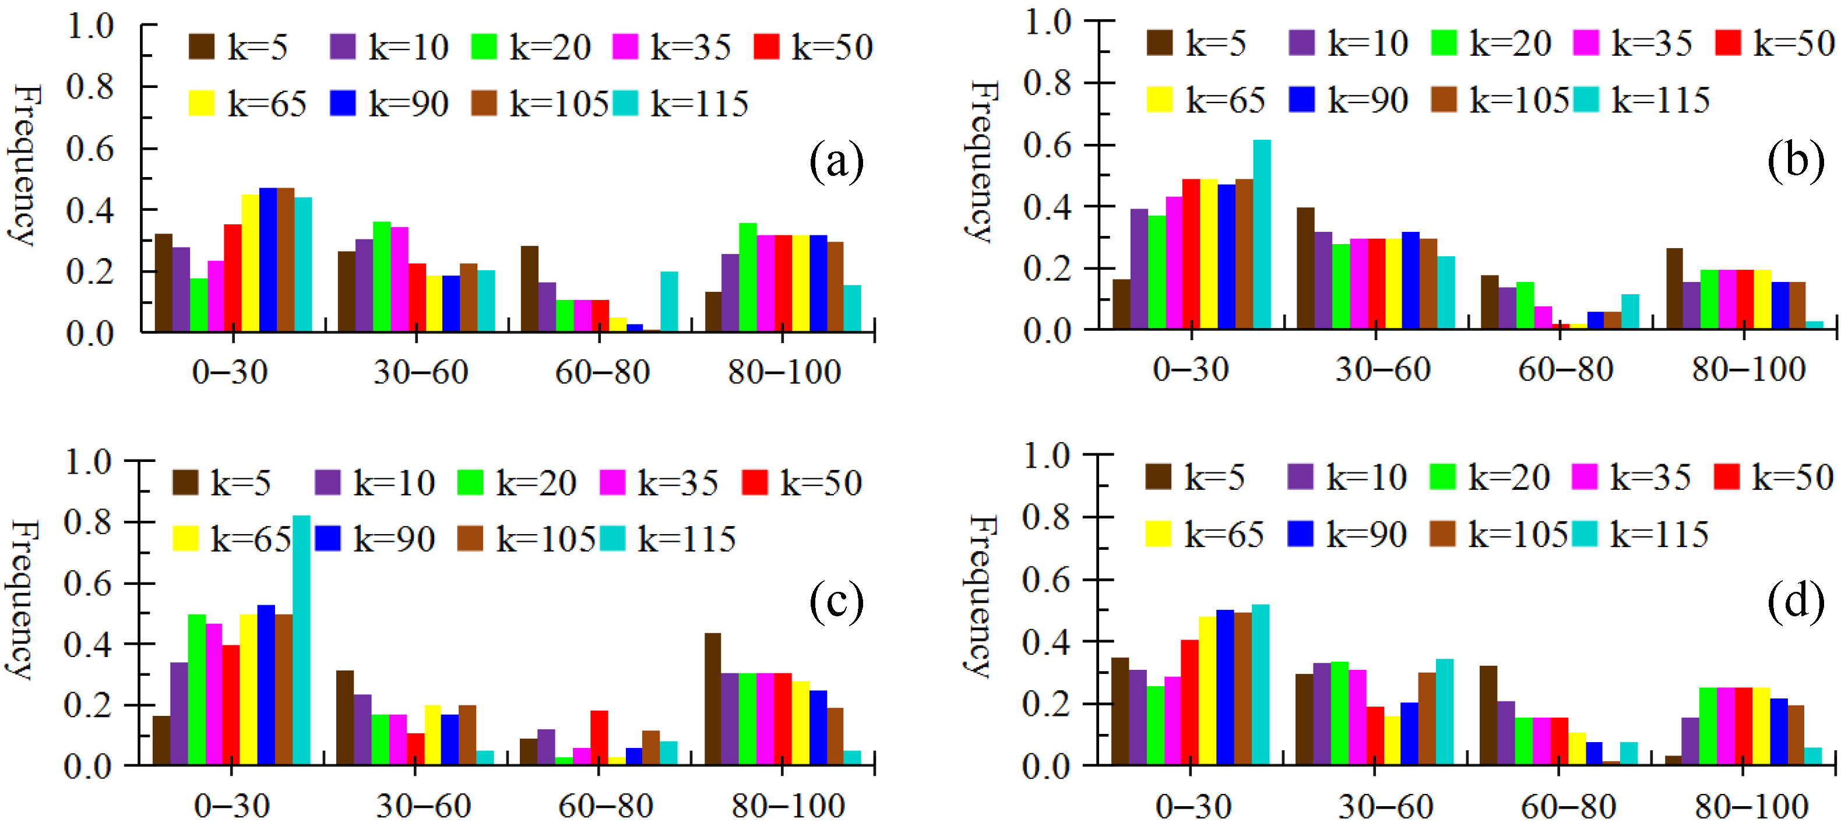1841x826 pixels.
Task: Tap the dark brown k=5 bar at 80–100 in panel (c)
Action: pyautogui.click(x=713, y=700)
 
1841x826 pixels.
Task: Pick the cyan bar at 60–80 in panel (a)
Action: pyautogui.click(x=669, y=302)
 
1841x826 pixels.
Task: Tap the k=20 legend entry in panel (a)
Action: pyautogui.click(x=531, y=47)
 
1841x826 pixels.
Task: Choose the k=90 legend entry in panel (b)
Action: pyautogui.click(x=1348, y=101)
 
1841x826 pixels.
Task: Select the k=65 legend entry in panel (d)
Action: pyautogui.click(x=1205, y=535)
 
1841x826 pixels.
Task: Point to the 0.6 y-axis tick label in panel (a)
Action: pyautogui.click(x=90, y=149)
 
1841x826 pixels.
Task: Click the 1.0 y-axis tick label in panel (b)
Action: pyautogui.click(x=1048, y=22)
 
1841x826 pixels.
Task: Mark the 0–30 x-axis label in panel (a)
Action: pyautogui.click(x=230, y=372)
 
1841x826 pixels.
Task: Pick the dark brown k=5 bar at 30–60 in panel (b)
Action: pyautogui.click(x=1305, y=269)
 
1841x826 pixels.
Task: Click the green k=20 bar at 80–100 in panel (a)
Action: pyautogui.click(x=748, y=277)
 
